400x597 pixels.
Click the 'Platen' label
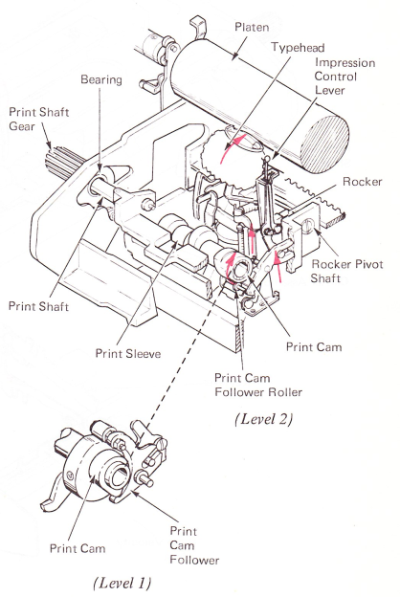252,27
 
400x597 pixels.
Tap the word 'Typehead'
298,48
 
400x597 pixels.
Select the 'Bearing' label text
101,79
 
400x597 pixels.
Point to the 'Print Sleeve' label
128,354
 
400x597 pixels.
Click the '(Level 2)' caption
263,419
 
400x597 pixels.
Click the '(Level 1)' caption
122,583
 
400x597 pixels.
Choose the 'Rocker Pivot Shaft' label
347,271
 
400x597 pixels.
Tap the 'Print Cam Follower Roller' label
258,385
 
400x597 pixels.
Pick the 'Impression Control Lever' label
344,77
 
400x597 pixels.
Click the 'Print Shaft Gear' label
39,119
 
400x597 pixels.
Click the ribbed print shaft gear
62,163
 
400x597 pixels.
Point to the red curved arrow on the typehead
230,147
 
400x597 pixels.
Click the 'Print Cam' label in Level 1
78,548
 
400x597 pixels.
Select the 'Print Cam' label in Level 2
314,347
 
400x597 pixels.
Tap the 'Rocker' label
363,182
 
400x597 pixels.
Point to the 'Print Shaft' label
38,306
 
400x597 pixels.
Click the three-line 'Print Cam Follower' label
194,545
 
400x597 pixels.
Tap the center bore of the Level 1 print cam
118,475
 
